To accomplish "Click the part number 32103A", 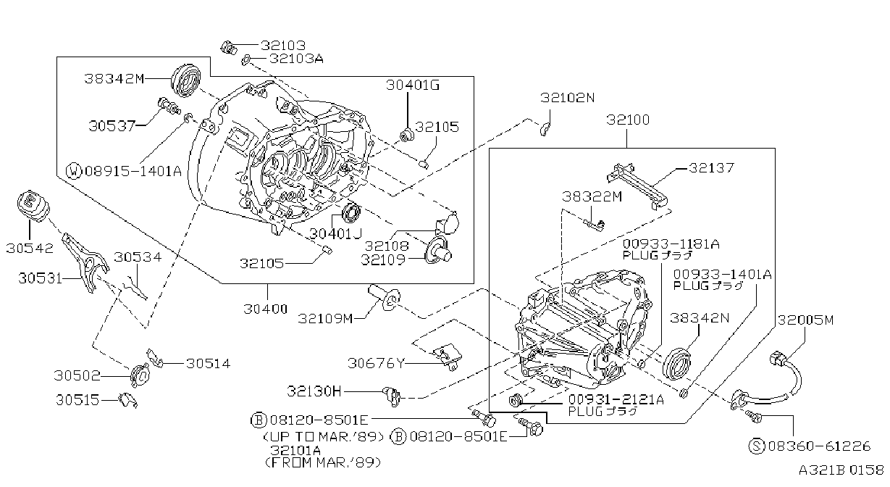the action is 296,59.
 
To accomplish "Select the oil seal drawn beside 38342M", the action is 186,80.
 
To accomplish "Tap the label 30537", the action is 112,126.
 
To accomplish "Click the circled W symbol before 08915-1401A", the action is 74,171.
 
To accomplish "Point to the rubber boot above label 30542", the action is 34,207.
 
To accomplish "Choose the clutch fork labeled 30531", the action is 85,262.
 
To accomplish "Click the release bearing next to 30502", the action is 140,375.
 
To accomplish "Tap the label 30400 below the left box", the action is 265,309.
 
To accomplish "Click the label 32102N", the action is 567,98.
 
